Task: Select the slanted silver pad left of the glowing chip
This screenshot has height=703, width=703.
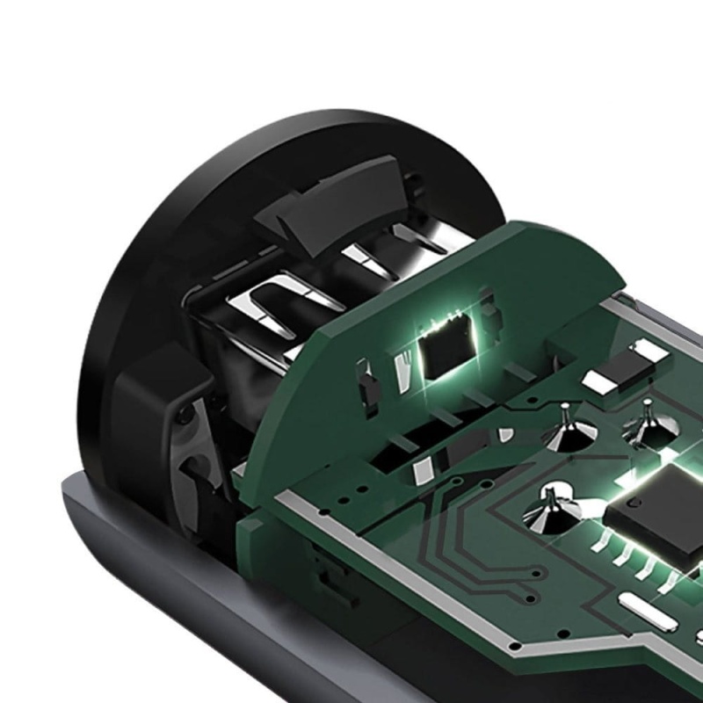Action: click(405, 359)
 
